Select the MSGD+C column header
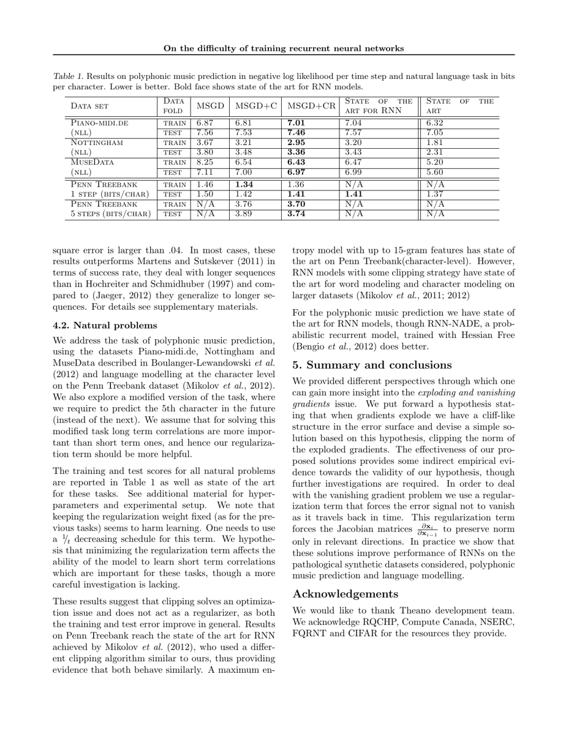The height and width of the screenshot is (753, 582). point(255,106)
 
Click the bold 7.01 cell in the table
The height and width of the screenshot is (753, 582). point(296,122)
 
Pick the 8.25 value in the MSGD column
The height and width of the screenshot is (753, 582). point(205,162)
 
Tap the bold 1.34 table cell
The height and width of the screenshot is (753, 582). point(244,184)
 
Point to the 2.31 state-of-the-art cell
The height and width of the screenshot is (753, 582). point(435,152)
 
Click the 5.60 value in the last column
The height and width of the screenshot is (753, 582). point(435,172)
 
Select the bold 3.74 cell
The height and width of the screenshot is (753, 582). point(296,214)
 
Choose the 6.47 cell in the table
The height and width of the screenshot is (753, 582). point(353,162)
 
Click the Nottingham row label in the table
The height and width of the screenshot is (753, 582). point(97,142)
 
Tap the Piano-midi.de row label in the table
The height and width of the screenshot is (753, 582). point(99,122)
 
